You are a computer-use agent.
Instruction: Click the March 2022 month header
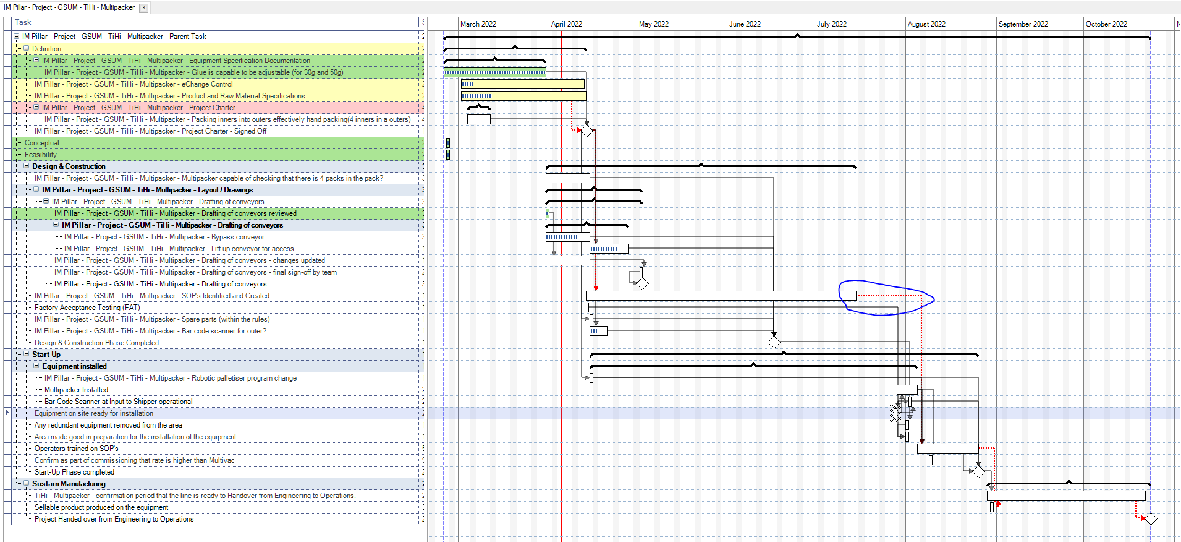point(478,24)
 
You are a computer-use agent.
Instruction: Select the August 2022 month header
point(926,24)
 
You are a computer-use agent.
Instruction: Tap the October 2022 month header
point(1106,24)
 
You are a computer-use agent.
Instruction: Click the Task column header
point(23,22)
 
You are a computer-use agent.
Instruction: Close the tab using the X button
point(143,7)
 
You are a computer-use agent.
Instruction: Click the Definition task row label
point(46,49)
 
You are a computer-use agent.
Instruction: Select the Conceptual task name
point(42,143)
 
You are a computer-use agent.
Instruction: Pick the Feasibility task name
point(40,155)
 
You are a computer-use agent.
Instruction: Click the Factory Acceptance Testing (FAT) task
point(87,308)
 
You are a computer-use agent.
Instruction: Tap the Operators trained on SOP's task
point(76,449)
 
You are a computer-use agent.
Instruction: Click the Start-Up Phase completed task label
point(74,472)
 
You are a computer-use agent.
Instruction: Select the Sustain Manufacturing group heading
point(69,484)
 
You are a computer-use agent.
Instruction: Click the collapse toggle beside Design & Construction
point(27,166)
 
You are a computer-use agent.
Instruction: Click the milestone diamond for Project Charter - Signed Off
point(587,131)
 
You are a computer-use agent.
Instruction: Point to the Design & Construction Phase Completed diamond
point(774,342)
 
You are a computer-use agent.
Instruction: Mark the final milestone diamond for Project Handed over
point(1150,518)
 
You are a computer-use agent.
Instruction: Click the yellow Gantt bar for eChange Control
point(522,84)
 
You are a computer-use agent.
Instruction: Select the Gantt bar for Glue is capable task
point(494,72)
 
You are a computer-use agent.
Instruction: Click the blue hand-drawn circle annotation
point(886,283)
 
